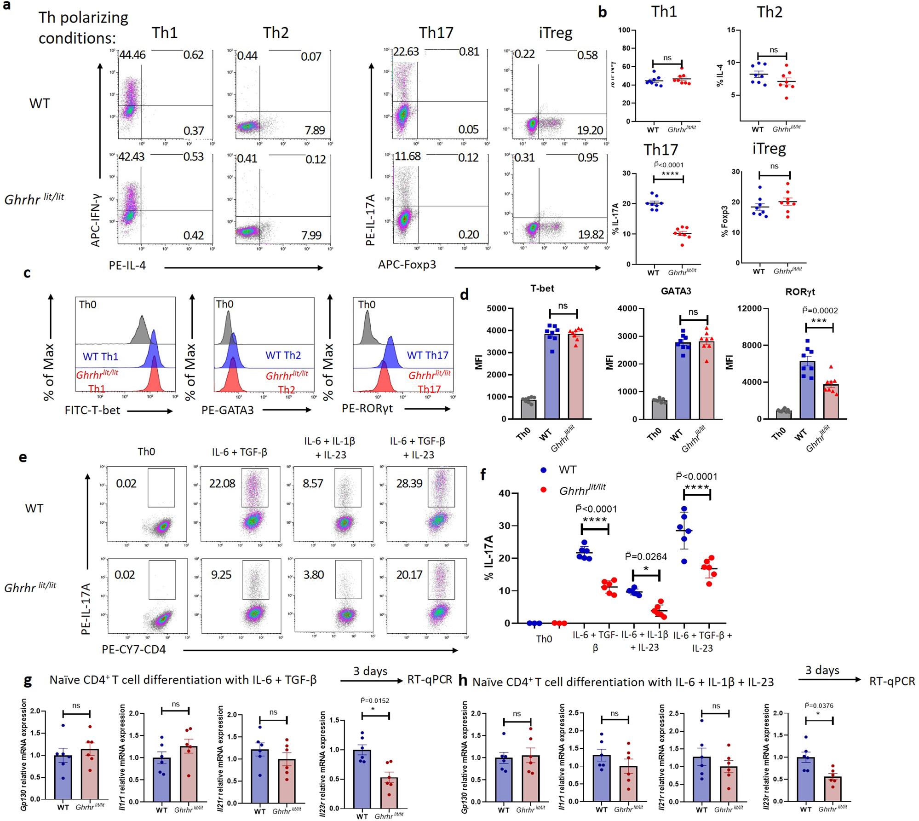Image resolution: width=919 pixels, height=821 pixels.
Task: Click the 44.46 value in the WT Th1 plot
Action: click(x=132, y=55)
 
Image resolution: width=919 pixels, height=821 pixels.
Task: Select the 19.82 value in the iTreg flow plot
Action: click(x=591, y=235)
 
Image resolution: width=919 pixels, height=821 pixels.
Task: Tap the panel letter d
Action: click(x=465, y=295)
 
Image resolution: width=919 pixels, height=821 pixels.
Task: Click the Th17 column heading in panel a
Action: click(x=436, y=33)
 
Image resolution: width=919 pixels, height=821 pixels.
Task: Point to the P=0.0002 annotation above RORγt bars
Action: click(x=820, y=311)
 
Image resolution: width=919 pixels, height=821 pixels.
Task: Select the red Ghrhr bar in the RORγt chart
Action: click(x=831, y=401)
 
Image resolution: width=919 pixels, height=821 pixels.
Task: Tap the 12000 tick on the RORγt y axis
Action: click(x=749, y=308)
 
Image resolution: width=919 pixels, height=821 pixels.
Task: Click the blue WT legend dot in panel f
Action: click(x=544, y=470)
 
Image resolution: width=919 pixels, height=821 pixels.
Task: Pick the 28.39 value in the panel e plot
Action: click(x=409, y=484)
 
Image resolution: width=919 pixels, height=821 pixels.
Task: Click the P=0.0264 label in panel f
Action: click(x=646, y=557)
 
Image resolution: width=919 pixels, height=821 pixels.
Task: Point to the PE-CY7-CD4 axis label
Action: click(x=134, y=649)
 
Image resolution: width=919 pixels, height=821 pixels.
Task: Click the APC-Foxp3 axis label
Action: click(x=407, y=265)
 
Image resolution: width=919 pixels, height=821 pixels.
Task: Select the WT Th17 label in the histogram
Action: click(x=427, y=355)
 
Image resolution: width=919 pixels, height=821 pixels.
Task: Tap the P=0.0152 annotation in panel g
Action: click(x=375, y=700)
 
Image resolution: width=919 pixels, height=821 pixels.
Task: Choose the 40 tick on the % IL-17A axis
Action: click(x=504, y=493)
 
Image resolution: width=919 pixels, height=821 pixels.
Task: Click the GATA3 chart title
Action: click(x=676, y=291)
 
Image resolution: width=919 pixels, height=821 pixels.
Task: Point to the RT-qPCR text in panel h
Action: click(x=892, y=681)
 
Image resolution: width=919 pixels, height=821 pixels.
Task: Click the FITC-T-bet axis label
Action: click(x=92, y=410)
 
